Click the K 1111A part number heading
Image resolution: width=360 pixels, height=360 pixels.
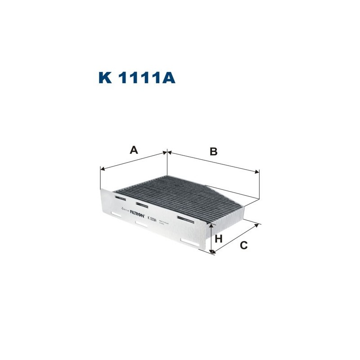tap(136, 77)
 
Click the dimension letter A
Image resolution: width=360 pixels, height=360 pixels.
tap(133, 150)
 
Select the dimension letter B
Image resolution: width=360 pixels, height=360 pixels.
tap(213, 152)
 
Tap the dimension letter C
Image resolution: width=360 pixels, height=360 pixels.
tap(243, 245)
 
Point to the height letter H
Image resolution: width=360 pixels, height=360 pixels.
tap(219, 238)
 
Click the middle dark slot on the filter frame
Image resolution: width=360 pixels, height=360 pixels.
tap(142, 205)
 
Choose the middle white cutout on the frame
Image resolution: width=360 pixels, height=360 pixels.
tap(142, 224)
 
